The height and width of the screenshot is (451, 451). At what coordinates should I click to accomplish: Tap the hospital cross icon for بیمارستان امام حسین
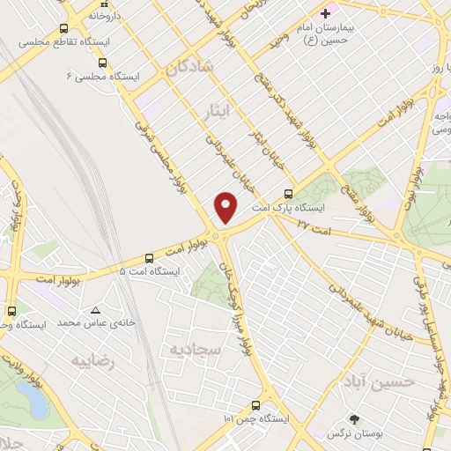tap(326, 13)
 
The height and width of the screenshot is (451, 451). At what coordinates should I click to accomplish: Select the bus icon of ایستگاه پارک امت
tap(288, 194)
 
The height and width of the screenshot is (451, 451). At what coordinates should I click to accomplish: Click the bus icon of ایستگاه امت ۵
tap(148, 258)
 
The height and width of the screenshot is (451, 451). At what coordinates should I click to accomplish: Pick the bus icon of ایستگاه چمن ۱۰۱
tap(255, 405)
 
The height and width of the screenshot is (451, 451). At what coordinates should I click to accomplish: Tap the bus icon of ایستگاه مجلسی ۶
tap(103, 63)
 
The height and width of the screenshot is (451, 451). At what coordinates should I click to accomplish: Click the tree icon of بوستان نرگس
tap(355, 419)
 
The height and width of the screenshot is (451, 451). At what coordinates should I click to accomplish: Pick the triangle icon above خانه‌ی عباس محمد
tap(96, 309)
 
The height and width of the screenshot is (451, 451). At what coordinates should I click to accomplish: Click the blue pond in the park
tap(38, 403)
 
